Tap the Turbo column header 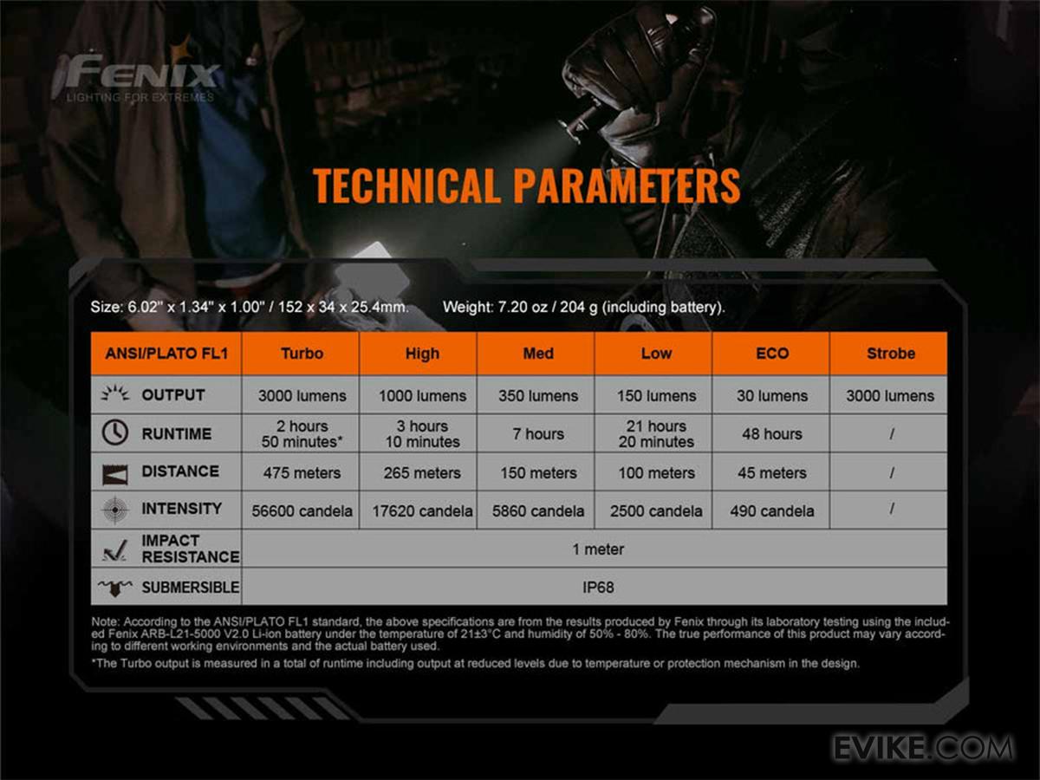point(302,354)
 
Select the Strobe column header point(891,354)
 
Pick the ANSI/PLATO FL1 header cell point(166,354)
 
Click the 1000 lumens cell point(422,396)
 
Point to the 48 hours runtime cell point(772,434)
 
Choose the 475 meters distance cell point(302,472)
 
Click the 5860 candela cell point(538,511)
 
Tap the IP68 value point(598,588)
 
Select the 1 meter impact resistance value point(598,549)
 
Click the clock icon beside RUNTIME point(114,432)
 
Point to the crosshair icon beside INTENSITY point(114,510)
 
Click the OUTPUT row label point(173,395)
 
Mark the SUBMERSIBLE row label point(191,588)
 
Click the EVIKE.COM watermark point(922,748)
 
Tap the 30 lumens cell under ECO point(772,396)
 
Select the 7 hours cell point(538,434)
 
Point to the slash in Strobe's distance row point(892,472)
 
